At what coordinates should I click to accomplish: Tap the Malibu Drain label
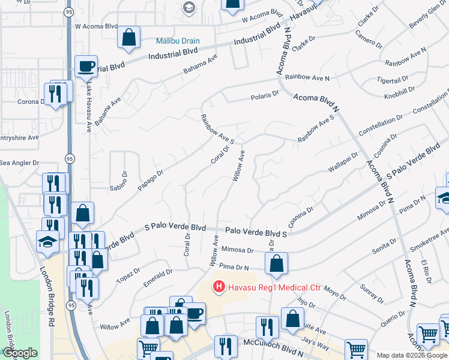pos(178,41)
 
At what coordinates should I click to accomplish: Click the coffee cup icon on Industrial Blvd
pos(86,65)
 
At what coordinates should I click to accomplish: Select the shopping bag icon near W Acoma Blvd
pos(128,37)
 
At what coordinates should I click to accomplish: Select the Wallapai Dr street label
pos(343,163)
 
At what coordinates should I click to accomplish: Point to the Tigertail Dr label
pos(393,78)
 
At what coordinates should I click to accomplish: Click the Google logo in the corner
pos(19,353)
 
